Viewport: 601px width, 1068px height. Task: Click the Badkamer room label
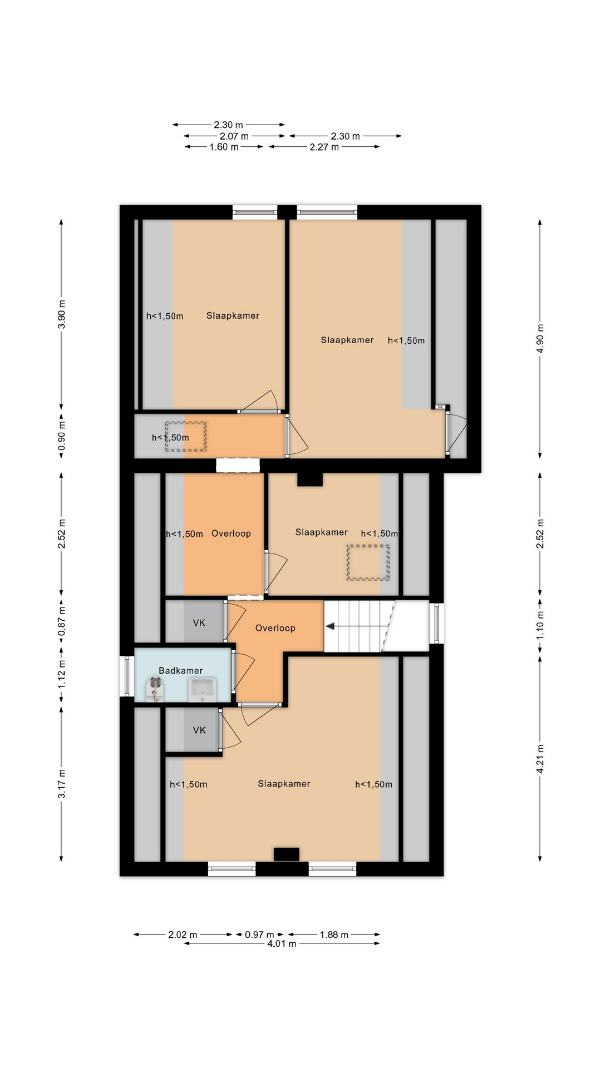[x=181, y=670]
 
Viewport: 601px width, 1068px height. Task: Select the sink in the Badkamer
[x=202, y=690]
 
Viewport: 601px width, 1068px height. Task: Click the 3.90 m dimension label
[x=62, y=314]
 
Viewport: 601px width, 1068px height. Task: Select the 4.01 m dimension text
[x=282, y=943]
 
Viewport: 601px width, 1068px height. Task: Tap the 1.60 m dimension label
[x=224, y=147]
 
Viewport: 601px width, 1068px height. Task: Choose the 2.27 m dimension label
[x=324, y=147]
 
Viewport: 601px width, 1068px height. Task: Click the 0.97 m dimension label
[x=259, y=934]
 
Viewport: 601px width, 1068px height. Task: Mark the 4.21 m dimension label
[x=540, y=758]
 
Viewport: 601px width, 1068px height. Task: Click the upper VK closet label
[x=199, y=623]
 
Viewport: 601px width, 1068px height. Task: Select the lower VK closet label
[x=199, y=730]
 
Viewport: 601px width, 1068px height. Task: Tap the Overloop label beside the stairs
[x=275, y=628]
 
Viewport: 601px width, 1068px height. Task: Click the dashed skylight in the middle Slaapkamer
[x=368, y=563]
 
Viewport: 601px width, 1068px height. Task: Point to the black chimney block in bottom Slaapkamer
[x=286, y=854]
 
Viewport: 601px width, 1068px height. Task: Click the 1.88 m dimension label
[x=334, y=934]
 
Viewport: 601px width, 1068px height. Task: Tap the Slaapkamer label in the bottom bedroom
[x=284, y=784]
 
